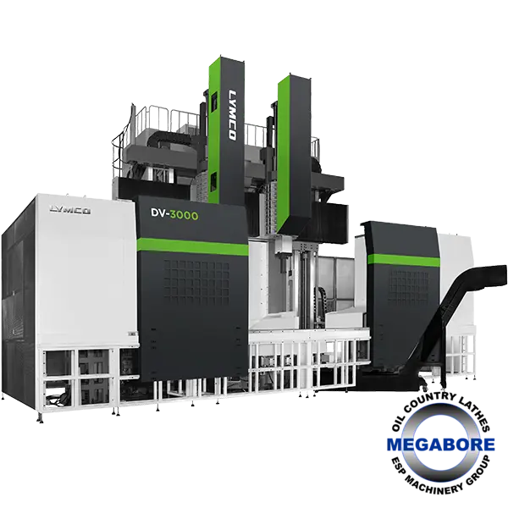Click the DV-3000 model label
click(174, 214)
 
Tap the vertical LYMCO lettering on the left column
click(232, 115)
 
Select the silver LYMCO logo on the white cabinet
click(70, 210)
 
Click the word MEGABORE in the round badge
click(440, 444)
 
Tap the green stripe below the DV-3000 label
click(192, 246)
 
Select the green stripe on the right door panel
click(404, 260)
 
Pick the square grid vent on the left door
click(196, 283)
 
